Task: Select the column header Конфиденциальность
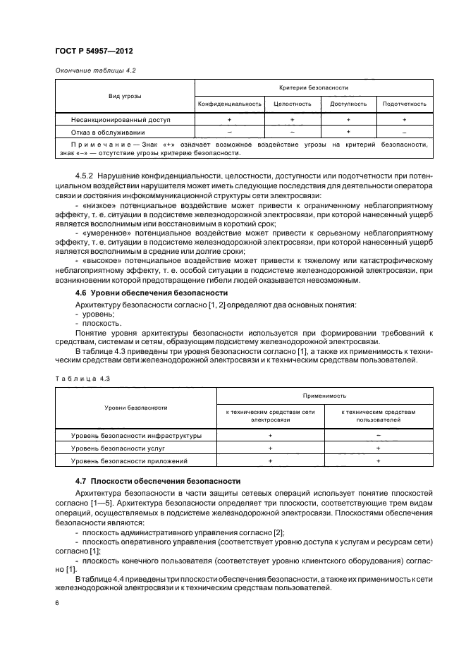click(x=230, y=104)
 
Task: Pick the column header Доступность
click(x=348, y=104)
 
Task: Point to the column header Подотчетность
click(x=404, y=104)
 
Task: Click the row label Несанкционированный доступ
click(x=115, y=120)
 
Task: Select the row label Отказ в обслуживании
click(x=107, y=132)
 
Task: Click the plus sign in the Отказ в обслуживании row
click(x=348, y=132)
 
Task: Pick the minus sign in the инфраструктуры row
click(x=379, y=436)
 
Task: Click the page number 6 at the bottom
click(x=57, y=603)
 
